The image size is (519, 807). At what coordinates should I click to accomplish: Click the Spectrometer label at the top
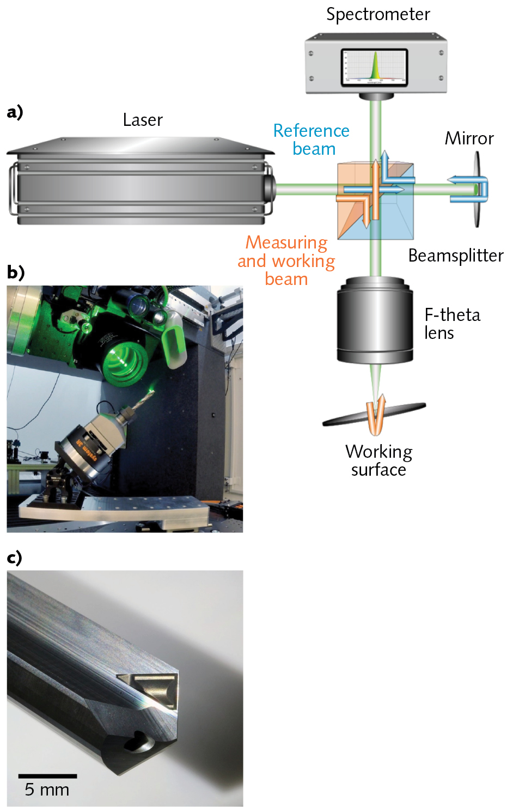click(x=378, y=14)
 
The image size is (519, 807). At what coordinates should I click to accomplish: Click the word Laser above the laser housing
click(x=143, y=120)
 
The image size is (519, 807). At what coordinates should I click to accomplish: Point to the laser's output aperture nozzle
click(x=269, y=188)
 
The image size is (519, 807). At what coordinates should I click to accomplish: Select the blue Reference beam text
click(x=312, y=139)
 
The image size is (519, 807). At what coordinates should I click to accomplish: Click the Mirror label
click(x=469, y=138)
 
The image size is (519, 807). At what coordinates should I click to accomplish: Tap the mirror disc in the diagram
click(x=478, y=189)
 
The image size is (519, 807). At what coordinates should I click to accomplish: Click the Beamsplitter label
click(x=456, y=256)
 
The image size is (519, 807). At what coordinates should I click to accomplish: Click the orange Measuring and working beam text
click(x=286, y=260)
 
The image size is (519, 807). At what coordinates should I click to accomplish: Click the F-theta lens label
click(x=451, y=324)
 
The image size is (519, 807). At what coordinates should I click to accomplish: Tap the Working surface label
click(x=378, y=460)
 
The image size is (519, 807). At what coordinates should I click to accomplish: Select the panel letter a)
click(x=15, y=112)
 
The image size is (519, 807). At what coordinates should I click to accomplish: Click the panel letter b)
click(x=16, y=272)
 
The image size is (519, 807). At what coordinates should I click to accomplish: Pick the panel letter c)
click(x=15, y=557)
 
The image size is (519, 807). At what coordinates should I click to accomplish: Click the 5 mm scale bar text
click(x=47, y=790)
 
